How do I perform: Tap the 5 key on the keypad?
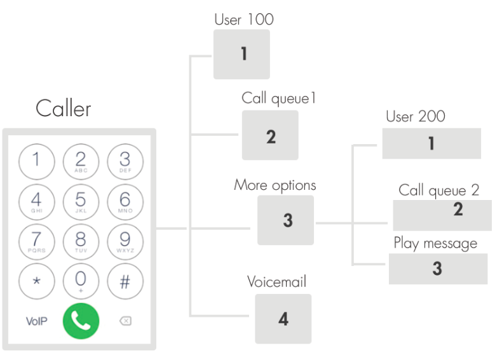(81, 201)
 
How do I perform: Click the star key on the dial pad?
(36, 280)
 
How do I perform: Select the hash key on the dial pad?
(125, 280)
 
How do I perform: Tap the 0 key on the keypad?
(81, 280)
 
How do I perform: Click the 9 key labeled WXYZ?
(125, 241)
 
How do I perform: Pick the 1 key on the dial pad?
(36, 161)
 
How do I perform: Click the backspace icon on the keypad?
(125, 321)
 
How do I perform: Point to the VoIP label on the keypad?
(36, 321)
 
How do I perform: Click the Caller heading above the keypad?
(63, 109)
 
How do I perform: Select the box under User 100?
(241, 54)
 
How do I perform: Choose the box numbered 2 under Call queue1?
(270, 135)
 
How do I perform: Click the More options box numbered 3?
(285, 220)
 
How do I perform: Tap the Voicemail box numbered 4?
(283, 318)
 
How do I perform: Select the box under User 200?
(431, 143)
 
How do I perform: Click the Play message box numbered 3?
(438, 269)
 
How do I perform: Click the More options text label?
(275, 185)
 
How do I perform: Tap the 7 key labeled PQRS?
(36, 241)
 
